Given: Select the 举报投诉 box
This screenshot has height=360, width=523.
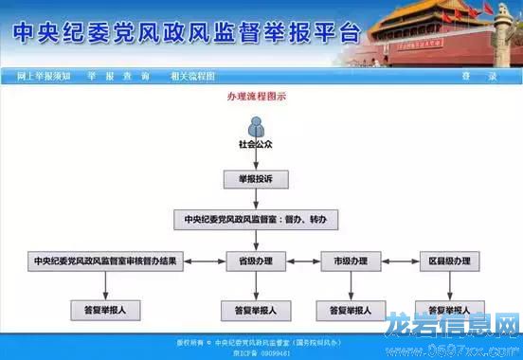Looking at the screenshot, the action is coord(256,179).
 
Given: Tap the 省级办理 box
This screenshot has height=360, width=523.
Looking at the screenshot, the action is coord(256,261).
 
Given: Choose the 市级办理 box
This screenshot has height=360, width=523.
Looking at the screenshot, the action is coord(352,261).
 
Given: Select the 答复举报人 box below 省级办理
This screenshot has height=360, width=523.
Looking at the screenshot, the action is coord(256,310).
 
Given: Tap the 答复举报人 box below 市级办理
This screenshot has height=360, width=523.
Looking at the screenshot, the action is coord(352,310).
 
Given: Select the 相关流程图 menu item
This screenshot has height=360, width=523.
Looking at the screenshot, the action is coord(192,76).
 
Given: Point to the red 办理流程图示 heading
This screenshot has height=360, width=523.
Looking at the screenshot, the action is coord(256,97).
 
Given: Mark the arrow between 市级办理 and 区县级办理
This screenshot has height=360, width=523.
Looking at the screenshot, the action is coord(400,261).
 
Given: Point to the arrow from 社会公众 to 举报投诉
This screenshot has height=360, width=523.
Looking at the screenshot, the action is coord(256,161).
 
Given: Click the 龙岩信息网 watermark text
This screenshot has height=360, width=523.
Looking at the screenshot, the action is coord(453,328).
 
